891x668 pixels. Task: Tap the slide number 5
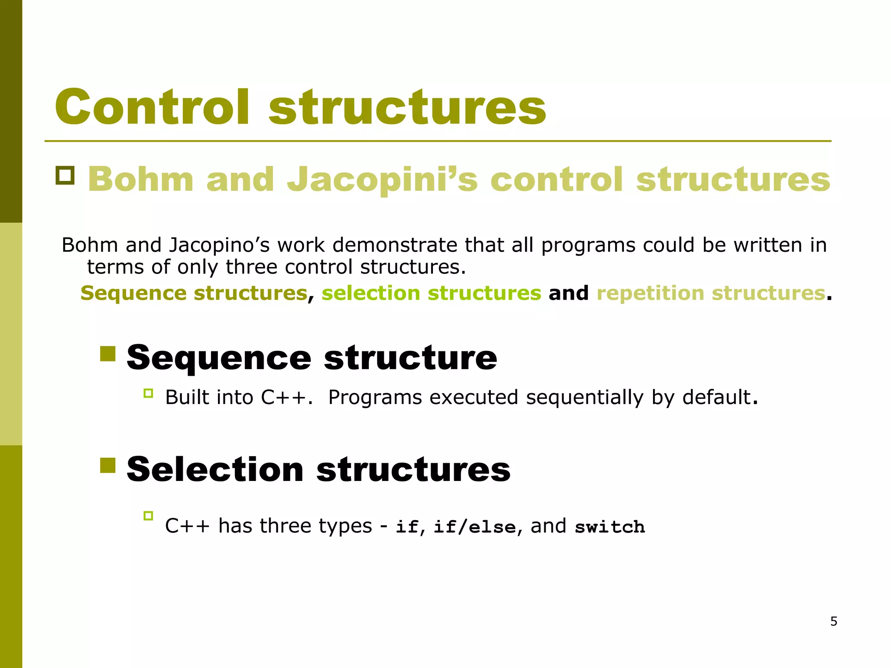click(834, 621)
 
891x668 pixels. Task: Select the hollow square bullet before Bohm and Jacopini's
click(65, 175)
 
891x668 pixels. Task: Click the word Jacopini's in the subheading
click(382, 180)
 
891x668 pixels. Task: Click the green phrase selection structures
click(431, 293)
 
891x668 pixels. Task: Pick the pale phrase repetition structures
click(710, 293)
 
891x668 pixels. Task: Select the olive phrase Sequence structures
click(194, 293)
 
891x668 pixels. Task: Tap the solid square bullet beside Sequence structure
click(107, 354)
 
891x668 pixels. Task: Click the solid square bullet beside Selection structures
click(107, 465)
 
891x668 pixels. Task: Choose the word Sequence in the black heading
click(219, 358)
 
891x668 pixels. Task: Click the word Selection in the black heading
click(215, 470)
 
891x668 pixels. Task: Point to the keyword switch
click(610, 527)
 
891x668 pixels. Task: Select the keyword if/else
click(475, 527)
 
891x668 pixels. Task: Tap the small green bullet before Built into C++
click(148, 394)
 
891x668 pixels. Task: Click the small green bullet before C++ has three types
click(148, 516)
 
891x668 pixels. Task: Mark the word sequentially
click(584, 397)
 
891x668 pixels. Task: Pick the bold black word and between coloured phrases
click(568, 293)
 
